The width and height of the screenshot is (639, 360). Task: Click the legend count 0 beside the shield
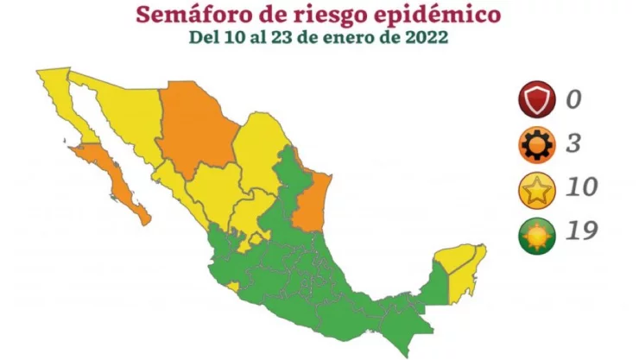point(573,98)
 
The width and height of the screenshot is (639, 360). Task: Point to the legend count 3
point(573,143)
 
